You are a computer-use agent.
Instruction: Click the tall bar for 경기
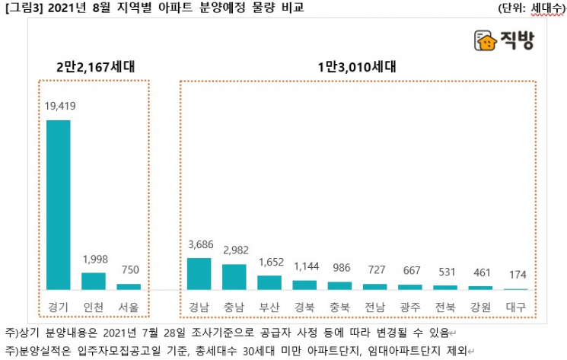59,204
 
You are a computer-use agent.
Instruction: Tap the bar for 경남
199,273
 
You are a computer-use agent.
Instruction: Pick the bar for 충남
234,276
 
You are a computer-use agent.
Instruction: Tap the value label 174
515,275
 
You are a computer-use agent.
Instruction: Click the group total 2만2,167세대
95,66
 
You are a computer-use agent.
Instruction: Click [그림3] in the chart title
20,8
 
